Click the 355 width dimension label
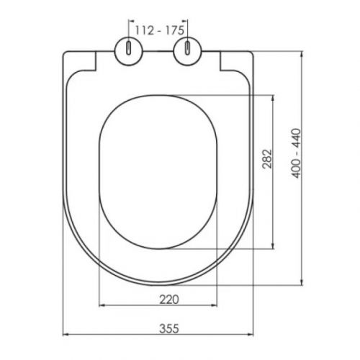coord(169,328)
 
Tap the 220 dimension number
coord(169,300)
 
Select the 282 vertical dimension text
coord(267,159)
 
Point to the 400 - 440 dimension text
coord(296,153)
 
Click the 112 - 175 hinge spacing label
coord(160,30)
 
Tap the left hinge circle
coord(129,51)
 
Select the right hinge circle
coord(187,51)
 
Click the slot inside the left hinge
coord(129,48)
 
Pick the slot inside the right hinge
coord(187,48)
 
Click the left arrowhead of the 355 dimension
coord(66,334)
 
